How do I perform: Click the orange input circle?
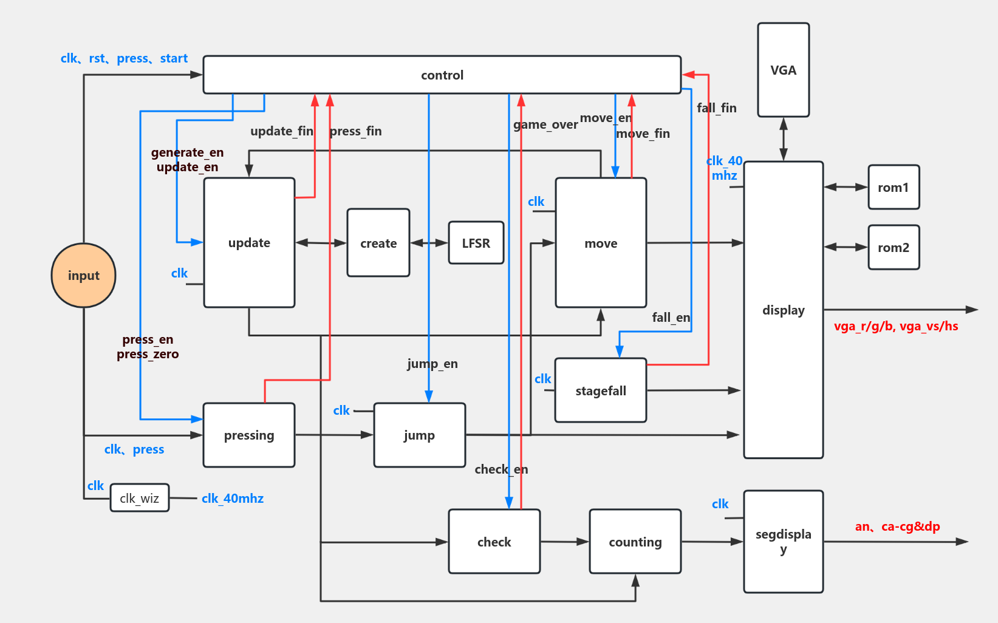[x=84, y=276]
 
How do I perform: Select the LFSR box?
[x=476, y=243]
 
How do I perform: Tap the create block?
[x=378, y=243]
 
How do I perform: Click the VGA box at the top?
[x=783, y=70]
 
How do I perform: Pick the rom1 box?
[x=893, y=187]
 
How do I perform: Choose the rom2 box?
[x=893, y=247]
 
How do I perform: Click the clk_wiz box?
[x=140, y=498]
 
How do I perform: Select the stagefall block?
[x=601, y=390]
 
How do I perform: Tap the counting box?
[x=635, y=542]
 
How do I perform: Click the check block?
[x=494, y=542]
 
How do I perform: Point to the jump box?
[x=419, y=435]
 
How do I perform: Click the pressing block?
[x=249, y=435]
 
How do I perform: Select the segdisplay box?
[x=783, y=541]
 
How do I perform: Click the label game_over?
[x=545, y=124]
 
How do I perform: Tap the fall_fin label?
[x=717, y=108]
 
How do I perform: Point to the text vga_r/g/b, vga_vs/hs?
[x=896, y=326]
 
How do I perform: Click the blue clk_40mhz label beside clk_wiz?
[x=233, y=499]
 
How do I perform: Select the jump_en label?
[x=432, y=364]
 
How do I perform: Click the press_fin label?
[x=356, y=131]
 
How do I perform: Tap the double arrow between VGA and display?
[x=784, y=139]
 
